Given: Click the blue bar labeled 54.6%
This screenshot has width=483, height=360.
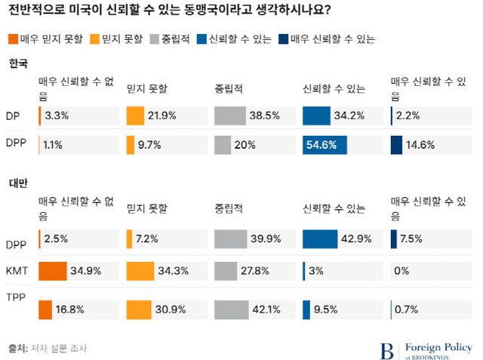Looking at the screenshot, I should pos(325,145).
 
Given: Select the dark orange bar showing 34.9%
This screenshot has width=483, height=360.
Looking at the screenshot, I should pos(53,271).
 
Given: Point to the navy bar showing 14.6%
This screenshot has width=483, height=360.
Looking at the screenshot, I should pos(396,145).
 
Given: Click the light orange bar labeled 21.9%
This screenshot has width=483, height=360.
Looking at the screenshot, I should pos(135,116).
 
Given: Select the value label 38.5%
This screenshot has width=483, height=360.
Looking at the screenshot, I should pos(265,116).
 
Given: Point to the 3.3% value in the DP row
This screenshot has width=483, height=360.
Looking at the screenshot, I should pos(57,116).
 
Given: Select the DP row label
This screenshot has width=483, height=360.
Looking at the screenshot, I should pos(13,116).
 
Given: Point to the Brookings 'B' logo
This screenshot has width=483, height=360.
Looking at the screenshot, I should pos(387,349).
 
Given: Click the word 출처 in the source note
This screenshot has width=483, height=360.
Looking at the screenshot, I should pos(17,349).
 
